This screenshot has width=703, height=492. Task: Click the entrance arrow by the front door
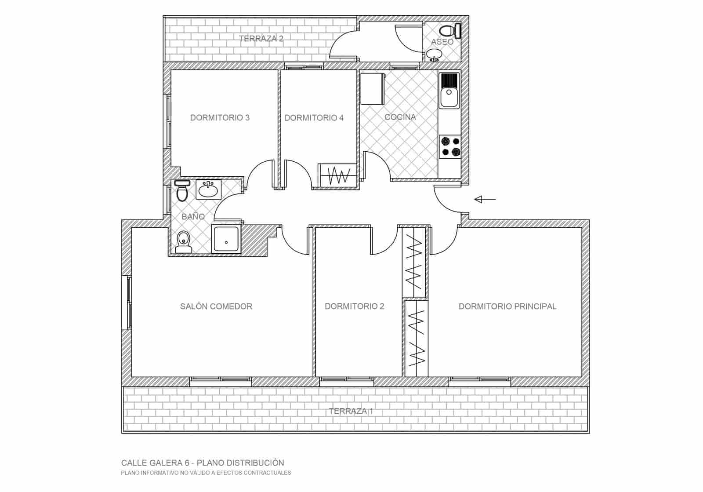(484, 200)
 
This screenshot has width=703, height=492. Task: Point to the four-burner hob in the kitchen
(450, 147)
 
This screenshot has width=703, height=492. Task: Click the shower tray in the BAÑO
(226, 239)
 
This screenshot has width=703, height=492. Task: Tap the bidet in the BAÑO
(183, 241)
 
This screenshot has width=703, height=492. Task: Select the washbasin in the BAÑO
(208, 190)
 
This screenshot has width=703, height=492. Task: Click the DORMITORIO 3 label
(220, 118)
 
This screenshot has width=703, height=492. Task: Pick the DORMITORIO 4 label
(314, 118)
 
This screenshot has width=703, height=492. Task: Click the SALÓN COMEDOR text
(216, 306)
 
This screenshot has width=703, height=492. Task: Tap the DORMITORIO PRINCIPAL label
(507, 306)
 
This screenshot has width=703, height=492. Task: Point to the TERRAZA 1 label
(351, 412)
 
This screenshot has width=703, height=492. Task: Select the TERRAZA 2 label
(261, 39)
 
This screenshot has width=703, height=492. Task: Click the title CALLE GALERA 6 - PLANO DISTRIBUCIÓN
(203, 463)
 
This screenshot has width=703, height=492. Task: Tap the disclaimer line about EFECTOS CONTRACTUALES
(206, 473)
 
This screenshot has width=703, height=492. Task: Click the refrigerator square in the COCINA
(372, 88)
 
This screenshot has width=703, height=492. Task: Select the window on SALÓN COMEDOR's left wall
(129, 302)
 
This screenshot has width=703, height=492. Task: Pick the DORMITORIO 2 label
(354, 306)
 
